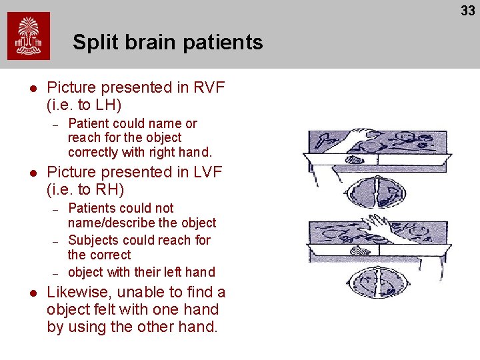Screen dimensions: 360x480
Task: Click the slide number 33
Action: [x=467, y=11]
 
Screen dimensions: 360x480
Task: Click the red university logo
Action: [x=29, y=37]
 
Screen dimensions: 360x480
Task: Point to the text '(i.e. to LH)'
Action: [x=84, y=105]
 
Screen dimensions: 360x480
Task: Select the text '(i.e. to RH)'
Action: [x=85, y=189]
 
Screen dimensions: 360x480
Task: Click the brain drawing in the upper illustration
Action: [x=377, y=189]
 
